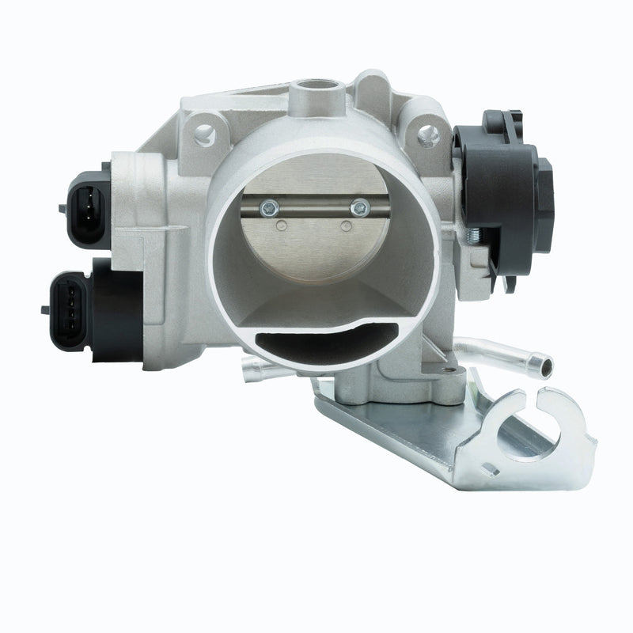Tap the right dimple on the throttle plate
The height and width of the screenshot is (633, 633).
[346, 226]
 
